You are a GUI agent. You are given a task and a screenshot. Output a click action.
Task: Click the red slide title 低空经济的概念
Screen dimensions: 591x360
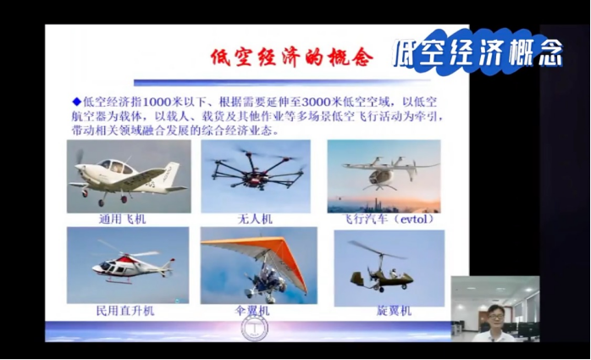click(x=292, y=58)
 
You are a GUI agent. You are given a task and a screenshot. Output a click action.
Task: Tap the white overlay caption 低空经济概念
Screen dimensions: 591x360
click(x=478, y=53)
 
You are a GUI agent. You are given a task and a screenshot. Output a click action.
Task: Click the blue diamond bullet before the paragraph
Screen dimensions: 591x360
click(x=77, y=101)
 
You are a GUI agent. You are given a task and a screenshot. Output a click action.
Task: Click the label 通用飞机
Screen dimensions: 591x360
click(x=122, y=219)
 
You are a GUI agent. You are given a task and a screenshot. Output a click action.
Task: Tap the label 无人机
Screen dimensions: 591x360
click(x=255, y=219)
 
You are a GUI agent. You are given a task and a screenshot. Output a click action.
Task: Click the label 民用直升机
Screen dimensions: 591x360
click(x=125, y=311)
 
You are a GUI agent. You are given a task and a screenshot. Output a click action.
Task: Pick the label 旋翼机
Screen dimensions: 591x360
click(x=394, y=311)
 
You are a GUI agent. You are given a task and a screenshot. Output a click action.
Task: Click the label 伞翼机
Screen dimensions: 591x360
click(x=251, y=311)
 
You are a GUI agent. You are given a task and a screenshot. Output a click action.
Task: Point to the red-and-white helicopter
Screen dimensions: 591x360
click(x=133, y=264)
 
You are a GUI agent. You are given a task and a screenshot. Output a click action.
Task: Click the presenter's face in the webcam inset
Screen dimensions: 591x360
click(x=496, y=316)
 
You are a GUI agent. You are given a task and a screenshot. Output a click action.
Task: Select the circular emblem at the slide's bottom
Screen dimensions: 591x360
click(x=254, y=327)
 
